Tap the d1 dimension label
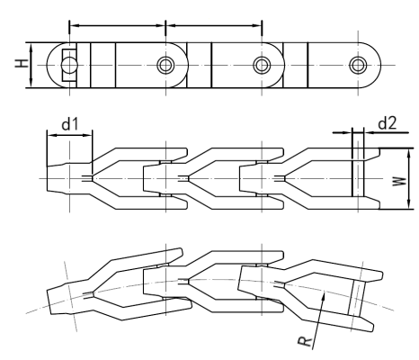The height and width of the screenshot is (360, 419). click(59, 119)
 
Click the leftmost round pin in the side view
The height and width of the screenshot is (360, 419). click(165, 65)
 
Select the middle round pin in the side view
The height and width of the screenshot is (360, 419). click(261, 65)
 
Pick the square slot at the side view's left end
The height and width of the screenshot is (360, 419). click(67, 65)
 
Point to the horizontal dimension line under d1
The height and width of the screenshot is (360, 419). click(68, 136)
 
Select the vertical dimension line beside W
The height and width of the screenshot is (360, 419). click(394, 180)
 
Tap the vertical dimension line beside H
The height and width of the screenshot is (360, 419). click(29, 65)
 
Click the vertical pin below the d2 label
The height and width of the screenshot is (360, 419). click(356, 171)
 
